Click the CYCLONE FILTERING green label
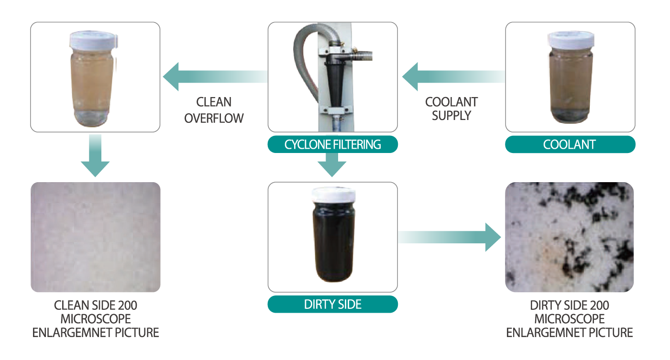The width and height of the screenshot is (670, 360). point(332,144)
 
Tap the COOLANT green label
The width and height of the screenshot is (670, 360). point(570,144)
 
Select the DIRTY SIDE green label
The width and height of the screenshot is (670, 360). point(332,304)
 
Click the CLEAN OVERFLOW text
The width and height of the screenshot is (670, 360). point(214,110)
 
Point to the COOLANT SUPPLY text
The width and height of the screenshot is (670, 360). point(451,109)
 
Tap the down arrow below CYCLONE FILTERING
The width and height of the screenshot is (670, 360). point(332,164)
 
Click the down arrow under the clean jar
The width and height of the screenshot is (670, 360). point(95,156)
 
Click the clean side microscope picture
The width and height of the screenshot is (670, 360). point(95,237)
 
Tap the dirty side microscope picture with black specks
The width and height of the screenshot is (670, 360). point(570,237)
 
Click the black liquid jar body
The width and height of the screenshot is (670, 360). point(333,244)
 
